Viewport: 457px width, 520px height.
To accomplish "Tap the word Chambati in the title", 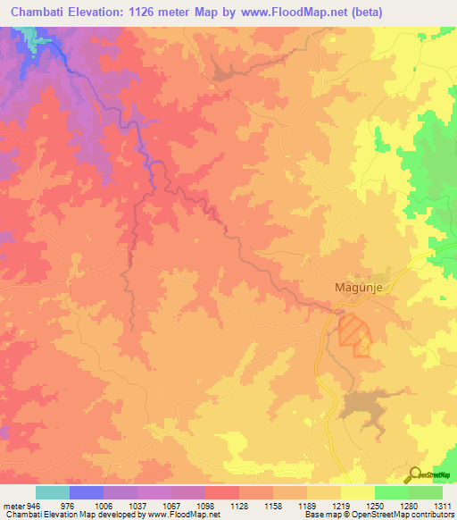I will pyautogui.click(x=38, y=11).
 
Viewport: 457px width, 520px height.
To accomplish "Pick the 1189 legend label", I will pyautogui.click(x=306, y=505).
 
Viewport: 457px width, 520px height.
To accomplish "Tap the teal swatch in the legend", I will pyautogui.click(x=53, y=492).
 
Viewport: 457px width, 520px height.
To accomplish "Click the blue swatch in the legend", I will pyautogui.click(x=87, y=492).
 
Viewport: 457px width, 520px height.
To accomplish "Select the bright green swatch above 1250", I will pyautogui.click(x=392, y=492).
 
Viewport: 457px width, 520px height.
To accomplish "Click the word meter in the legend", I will pyautogui.click(x=12, y=505).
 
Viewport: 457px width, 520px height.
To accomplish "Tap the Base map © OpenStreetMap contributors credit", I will pyautogui.click(x=378, y=515).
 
